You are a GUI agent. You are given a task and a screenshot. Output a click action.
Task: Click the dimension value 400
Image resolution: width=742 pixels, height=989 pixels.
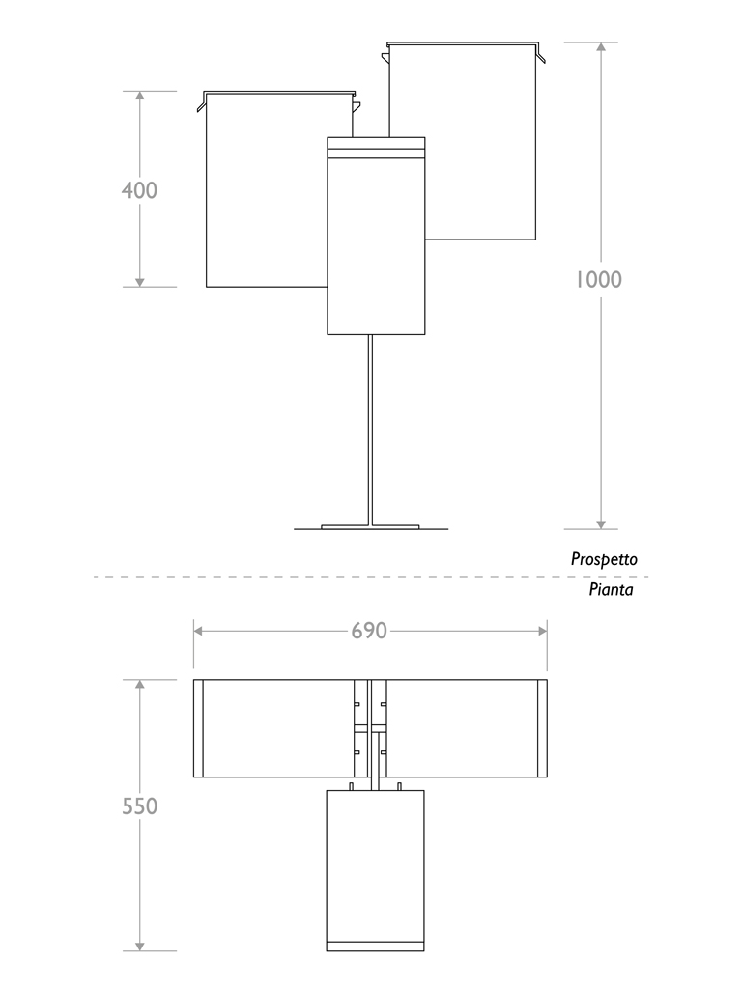(139, 190)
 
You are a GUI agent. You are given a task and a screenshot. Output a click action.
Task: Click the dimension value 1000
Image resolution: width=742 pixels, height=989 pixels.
(599, 280)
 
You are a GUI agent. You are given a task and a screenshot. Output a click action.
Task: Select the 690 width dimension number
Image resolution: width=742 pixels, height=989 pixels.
(369, 631)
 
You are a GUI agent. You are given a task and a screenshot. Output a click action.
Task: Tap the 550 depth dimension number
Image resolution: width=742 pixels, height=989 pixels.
(140, 805)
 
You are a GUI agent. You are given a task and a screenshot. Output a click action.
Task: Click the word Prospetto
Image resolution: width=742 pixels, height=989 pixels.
(604, 559)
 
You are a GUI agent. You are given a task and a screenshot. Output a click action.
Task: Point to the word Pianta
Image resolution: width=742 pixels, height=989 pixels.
(612, 589)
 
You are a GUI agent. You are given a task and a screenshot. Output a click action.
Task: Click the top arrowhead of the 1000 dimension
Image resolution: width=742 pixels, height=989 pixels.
(601, 48)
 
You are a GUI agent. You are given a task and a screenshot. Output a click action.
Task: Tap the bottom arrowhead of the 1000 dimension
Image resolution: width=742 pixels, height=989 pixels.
(601, 523)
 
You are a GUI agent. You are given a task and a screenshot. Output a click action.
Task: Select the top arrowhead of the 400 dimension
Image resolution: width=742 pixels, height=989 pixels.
(140, 98)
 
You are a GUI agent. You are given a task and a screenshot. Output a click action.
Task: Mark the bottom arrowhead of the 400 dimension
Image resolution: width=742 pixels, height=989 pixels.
(140, 281)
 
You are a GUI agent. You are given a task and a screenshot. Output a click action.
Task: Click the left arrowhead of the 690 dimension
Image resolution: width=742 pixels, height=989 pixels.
(199, 631)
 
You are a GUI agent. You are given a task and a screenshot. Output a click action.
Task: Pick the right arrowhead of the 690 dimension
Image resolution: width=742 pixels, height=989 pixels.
(542, 631)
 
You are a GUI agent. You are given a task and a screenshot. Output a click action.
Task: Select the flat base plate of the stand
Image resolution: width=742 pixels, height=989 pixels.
(371, 527)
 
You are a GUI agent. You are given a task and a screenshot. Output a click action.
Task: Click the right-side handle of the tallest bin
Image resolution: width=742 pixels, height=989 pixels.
(541, 56)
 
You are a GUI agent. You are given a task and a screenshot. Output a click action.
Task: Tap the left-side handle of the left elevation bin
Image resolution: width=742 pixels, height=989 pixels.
(201, 104)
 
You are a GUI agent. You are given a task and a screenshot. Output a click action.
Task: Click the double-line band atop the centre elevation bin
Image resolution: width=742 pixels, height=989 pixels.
(376, 149)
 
